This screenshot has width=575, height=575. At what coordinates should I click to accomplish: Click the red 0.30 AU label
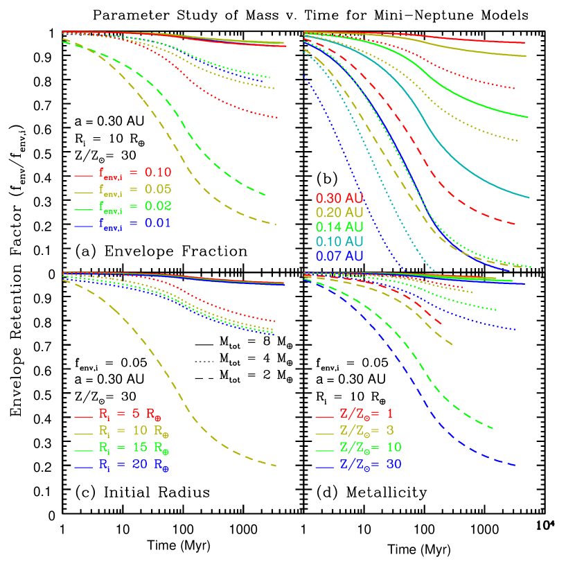339,198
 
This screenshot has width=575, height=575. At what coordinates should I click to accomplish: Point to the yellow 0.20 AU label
339,213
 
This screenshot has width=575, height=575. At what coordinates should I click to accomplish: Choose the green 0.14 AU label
339,227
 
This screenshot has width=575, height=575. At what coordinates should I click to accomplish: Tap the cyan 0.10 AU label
339,242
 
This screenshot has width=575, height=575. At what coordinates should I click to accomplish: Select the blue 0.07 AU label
339,256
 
